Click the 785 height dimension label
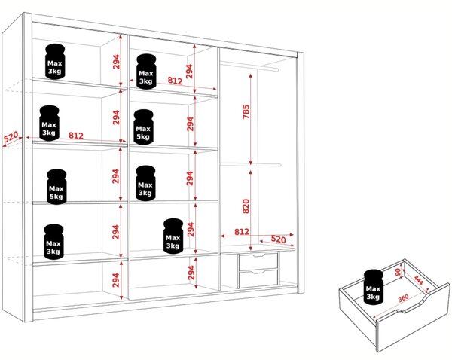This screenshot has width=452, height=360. coord(246,111)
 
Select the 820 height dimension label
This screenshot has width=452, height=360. coord(246,206)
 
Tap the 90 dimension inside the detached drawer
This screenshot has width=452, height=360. coord(398,272)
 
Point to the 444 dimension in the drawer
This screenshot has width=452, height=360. coord(419,280)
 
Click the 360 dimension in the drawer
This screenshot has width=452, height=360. coord(403,298)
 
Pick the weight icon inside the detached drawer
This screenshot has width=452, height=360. coord(373,286)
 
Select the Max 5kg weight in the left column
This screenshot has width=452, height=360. coord(56,187)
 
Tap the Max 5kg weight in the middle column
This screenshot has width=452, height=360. coord(144,127)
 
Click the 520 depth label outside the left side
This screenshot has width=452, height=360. coord(11,137)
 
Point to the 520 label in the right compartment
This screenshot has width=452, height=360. coord(279,239)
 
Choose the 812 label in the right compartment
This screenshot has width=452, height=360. coord(242,232)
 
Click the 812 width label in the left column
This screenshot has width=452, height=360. coord(76,136)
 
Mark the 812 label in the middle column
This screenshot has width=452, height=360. coord(175,81)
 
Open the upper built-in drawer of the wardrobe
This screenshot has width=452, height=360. coord(258,261)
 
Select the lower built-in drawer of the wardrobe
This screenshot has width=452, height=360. coord(258,278)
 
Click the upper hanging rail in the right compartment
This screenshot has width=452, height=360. coord(249,67)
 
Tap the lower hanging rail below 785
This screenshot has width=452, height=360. coord(251,165)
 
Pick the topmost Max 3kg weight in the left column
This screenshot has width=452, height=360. coord(55,62)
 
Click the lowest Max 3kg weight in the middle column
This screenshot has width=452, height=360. coord(173,236)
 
